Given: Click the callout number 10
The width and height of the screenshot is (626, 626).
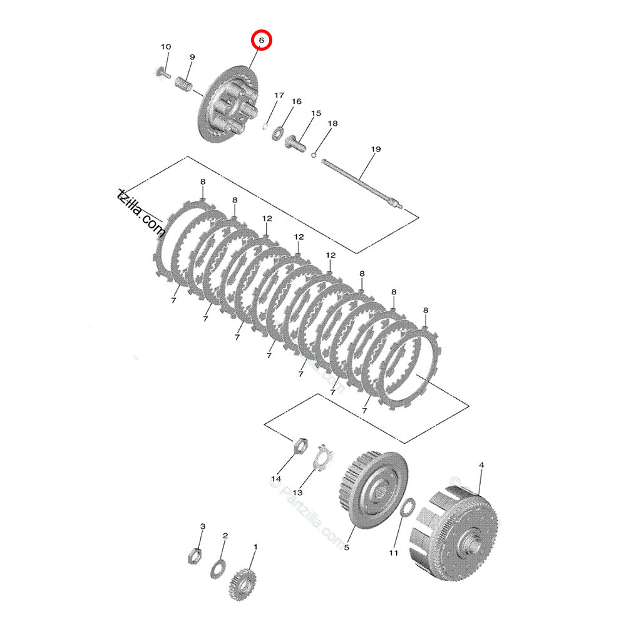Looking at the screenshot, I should pyautogui.click(x=166, y=47).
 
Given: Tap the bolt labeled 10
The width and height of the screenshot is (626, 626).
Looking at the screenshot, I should pyautogui.click(x=162, y=73).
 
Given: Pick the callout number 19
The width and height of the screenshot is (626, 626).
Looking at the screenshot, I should pyautogui.click(x=376, y=149).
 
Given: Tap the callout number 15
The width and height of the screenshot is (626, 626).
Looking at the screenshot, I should pyautogui.click(x=316, y=113).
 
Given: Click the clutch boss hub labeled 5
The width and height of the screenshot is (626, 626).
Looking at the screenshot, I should pyautogui.click(x=372, y=485).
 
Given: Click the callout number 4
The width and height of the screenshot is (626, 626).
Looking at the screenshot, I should pyautogui.click(x=481, y=465).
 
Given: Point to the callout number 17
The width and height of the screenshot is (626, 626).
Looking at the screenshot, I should pyautogui.click(x=279, y=95).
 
